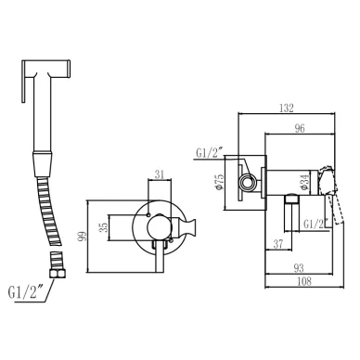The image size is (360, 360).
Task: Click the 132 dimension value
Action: (x=286, y=108)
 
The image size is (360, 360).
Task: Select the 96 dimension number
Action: (x=300, y=128)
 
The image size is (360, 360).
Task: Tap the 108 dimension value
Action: (x=304, y=282)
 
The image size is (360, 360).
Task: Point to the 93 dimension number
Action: (x=299, y=268)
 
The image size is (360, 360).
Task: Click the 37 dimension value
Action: (x=278, y=244)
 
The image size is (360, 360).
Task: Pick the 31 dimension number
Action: (x=160, y=174)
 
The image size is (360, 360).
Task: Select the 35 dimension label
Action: (x=105, y=227)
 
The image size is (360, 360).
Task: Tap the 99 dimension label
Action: (x=83, y=237)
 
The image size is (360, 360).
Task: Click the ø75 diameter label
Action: (x=219, y=182)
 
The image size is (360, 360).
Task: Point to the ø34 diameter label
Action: (x=303, y=182)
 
